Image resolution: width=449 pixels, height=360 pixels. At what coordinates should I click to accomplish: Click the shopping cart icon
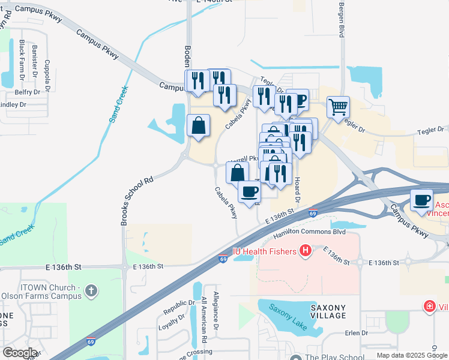[339, 107]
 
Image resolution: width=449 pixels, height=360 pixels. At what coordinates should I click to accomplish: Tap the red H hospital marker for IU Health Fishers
[305, 250]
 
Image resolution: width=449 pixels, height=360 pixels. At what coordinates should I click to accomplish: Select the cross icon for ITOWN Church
[91, 291]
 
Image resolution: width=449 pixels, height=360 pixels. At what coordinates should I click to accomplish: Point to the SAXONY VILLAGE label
[328, 311]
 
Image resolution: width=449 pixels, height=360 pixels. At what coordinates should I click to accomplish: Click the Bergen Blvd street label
[341, 20]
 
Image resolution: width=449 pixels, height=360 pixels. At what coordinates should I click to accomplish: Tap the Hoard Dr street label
[297, 188]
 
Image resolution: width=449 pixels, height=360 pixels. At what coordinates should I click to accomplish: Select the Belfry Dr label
[28, 92]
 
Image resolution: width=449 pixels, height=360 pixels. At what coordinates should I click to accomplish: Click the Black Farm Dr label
[22, 60]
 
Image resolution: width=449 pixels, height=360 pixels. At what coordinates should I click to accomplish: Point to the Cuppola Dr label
[47, 73]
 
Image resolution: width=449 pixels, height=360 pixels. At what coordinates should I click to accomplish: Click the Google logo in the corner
[20, 353]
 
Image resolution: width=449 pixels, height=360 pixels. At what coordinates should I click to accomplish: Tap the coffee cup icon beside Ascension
[421, 199]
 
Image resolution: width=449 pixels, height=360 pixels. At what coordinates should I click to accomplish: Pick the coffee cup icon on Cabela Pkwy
[249, 191]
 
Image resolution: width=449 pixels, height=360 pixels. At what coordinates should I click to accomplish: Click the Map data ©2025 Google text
[412, 355]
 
